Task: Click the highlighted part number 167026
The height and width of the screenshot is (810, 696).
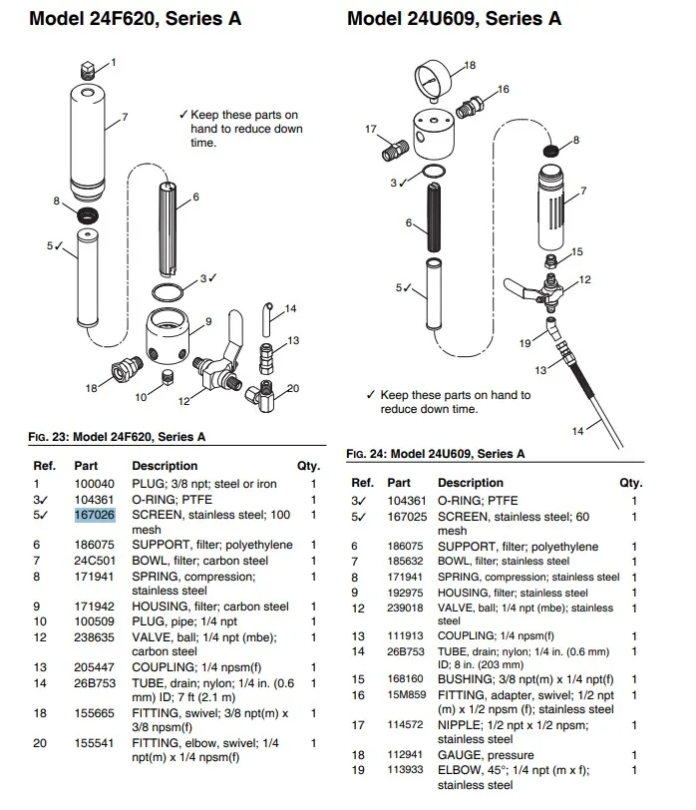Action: point(95,515)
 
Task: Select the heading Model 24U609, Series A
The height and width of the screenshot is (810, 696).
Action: point(454,19)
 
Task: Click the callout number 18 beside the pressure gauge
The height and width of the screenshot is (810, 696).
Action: point(471,65)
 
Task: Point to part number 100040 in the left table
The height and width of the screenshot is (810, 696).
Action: point(95,484)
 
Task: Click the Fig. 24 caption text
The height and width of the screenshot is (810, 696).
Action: point(435,454)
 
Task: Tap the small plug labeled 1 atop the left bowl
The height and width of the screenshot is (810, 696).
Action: point(87,69)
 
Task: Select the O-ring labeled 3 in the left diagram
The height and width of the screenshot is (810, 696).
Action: point(169,292)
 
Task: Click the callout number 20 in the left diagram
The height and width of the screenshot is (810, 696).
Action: point(293,388)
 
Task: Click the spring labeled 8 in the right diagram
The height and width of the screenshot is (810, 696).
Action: point(547,151)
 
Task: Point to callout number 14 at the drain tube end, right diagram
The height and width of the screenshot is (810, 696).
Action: point(575,431)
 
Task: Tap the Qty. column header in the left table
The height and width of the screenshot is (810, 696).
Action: point(307,466)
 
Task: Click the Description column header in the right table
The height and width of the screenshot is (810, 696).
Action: point(471,483)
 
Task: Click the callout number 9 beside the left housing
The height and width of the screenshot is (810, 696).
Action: point(209,321)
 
